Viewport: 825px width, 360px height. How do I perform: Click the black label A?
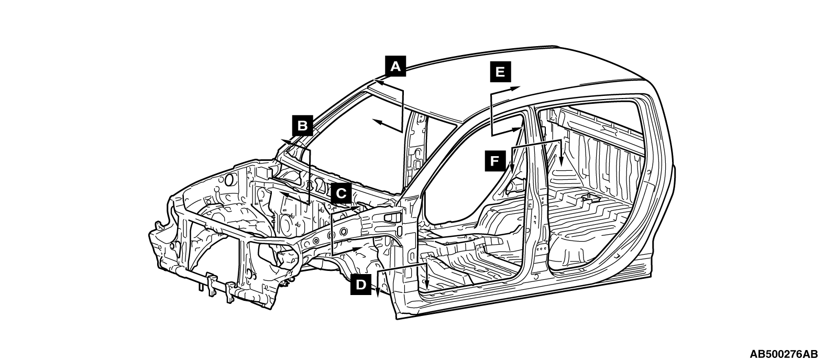[x=395, y=66]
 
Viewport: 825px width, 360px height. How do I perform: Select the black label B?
[x=302, y=126]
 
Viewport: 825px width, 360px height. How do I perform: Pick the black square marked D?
[x=361, y=285]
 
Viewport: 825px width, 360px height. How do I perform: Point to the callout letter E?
[x=500, y=72]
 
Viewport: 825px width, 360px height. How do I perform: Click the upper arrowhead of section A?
[x=378, y=83]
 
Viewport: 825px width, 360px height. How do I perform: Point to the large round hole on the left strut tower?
[x=229, y=179]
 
